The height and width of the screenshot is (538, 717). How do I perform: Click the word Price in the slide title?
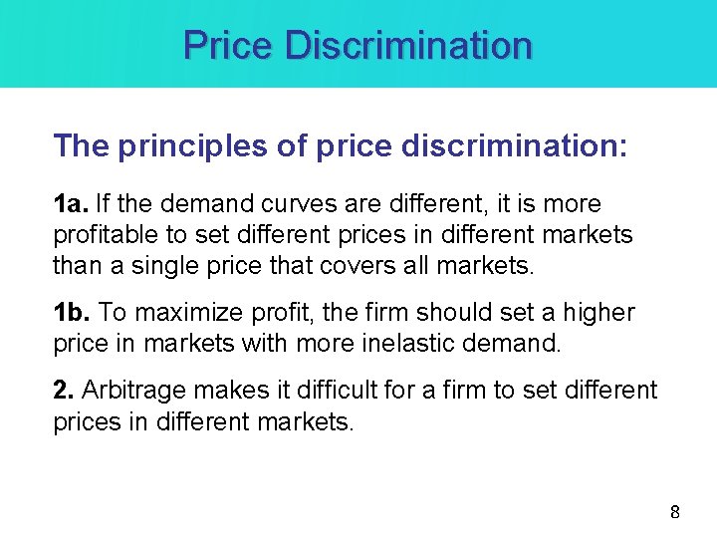229,45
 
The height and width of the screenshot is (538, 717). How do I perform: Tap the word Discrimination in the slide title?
408,45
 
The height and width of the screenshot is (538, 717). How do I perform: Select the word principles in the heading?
196,147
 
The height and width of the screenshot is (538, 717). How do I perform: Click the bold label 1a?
70,204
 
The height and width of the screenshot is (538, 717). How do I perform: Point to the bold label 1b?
71,312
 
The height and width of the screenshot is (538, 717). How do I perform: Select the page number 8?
675,512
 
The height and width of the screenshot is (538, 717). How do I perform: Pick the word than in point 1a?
75,266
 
